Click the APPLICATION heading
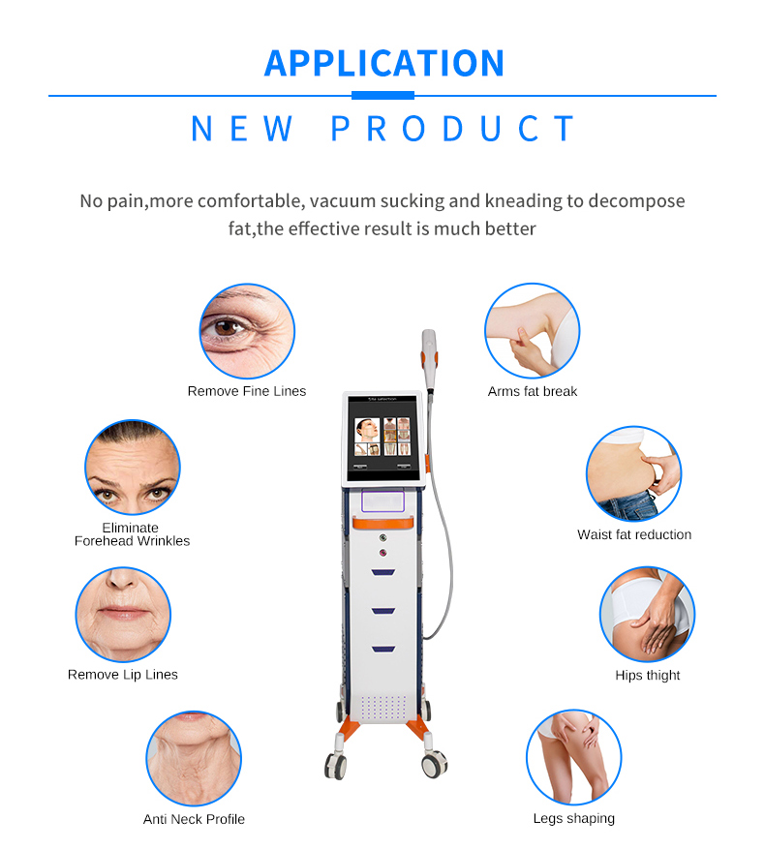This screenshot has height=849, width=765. (384, 63)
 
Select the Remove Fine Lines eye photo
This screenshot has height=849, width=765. (247, 331)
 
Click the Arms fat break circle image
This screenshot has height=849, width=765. (532, 330)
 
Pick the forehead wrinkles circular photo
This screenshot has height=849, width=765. (133, 467)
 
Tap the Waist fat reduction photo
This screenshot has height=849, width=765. (634, 473)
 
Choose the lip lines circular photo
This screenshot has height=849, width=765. (123, 615)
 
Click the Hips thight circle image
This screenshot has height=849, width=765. (648, 614)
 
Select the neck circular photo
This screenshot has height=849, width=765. (194, 759)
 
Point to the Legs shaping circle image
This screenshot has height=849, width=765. (573, 757)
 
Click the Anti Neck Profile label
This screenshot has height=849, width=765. (194, 819)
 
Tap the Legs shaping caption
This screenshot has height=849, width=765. (573, 818)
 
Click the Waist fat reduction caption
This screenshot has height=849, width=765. (634, 534)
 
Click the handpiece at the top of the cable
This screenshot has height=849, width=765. (429, 359)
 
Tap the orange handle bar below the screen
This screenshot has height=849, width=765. (383, 523)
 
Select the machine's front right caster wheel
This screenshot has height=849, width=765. (435, 764)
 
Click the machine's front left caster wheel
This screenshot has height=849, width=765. (335, 765)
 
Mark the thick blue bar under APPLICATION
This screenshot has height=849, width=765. (382, 96)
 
